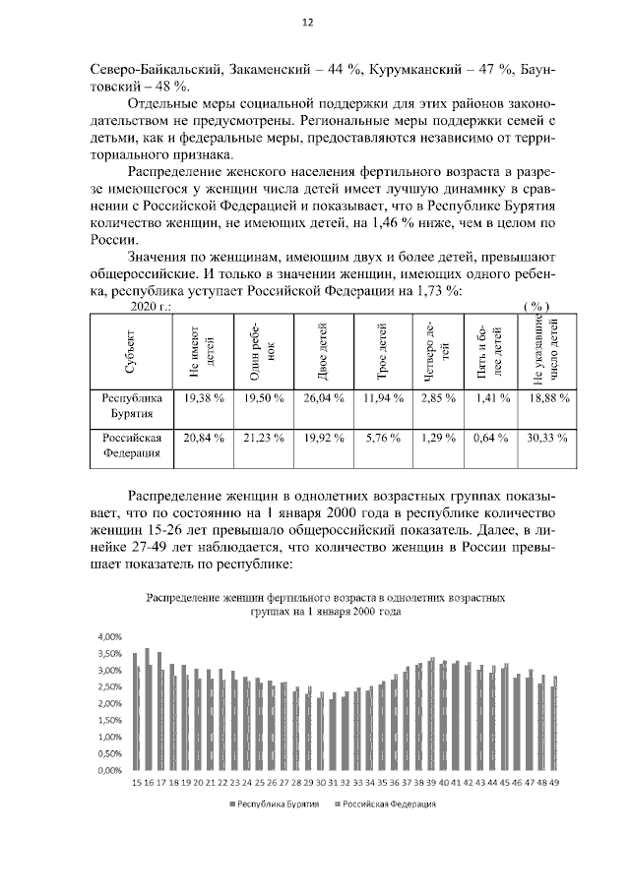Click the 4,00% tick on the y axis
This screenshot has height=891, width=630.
(x=107, y=637)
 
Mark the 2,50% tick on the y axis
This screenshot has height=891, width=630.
(x=107, y=687)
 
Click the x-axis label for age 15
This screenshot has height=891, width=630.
(x=137, y=784)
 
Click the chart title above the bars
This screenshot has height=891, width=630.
(x=326, y=603)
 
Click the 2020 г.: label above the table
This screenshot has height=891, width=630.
(x=139, y=307)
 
